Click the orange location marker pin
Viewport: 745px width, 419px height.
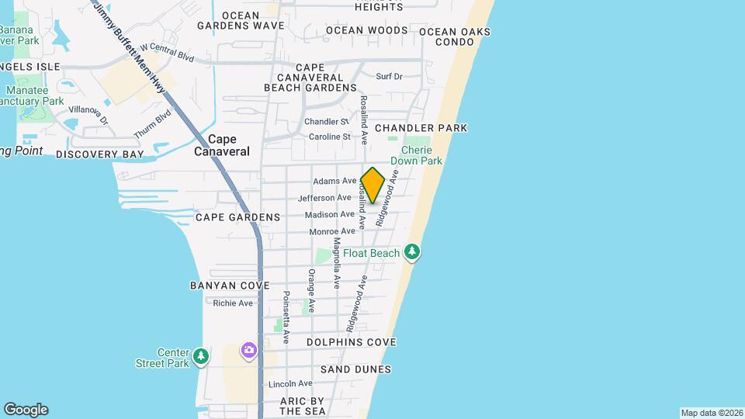(x=373, y=185)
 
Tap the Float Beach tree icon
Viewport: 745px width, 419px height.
(x=412, y=253)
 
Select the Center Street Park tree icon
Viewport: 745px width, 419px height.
(x=201, y=357)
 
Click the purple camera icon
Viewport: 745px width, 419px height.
(x=248, y=351)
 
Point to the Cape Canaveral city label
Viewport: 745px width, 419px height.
(x=222, y=145)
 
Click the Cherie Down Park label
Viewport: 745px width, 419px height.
(x=421, y=155)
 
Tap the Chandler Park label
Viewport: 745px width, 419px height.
(x=421, y=127)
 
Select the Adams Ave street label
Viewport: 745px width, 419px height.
(x=334, y=181)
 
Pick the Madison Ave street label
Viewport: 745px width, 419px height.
(x=330, y=214)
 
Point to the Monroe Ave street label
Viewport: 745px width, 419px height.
(x=332, y=231)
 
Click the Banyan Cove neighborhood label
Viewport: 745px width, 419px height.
(x=230, y=286)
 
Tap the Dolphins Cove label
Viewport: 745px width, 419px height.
(x=351, y=342)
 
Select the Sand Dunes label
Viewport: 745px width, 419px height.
(x=355, y=369)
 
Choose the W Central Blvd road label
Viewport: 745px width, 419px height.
(x=167, y=51)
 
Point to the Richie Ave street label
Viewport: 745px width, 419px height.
(x=234, y=303)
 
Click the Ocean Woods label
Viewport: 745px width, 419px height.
(x=366, y=30)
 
